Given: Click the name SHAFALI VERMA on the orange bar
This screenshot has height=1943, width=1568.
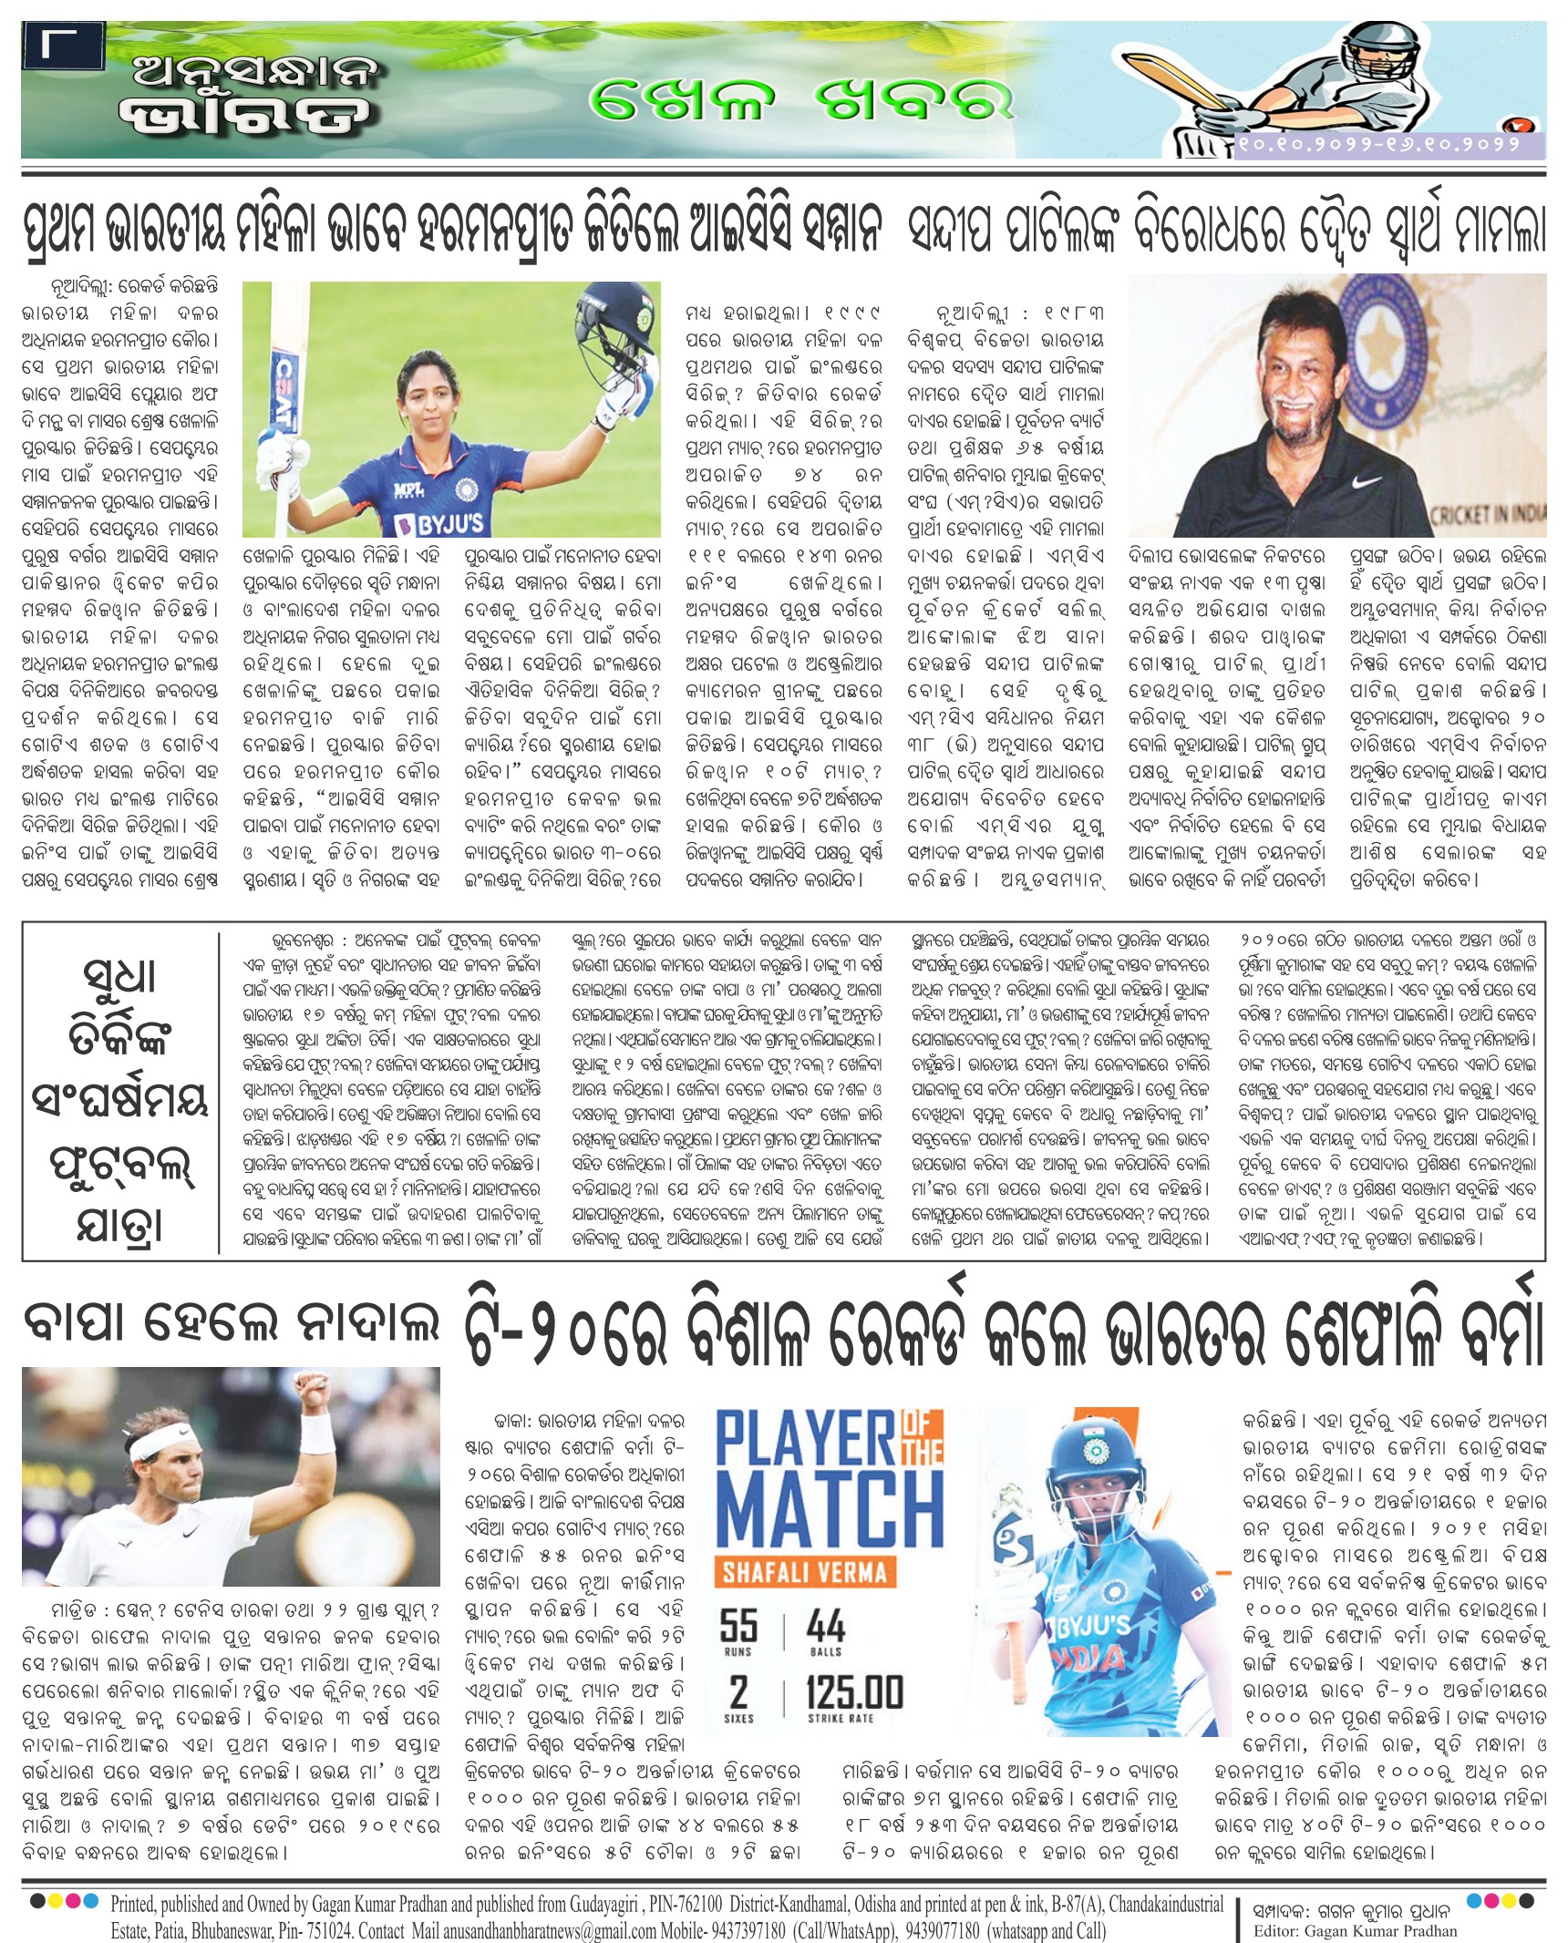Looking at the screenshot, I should tap(804, 1572).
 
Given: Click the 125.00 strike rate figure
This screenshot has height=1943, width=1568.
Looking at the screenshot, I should tap(854, 1691).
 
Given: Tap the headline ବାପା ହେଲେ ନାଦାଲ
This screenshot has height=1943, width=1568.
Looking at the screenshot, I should tap(231, 1322).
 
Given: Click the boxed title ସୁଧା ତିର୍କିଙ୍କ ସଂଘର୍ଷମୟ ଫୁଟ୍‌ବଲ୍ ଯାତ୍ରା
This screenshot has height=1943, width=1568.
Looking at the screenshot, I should tap(119, 1091).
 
